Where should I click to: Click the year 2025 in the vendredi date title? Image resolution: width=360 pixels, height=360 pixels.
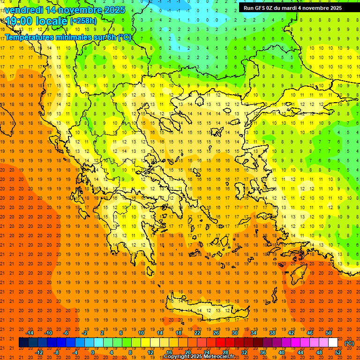(x=114, y=9)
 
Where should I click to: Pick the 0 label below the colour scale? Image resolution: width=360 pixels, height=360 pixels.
(x=92, y=352)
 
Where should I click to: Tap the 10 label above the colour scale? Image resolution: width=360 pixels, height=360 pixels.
(x=141, y=332)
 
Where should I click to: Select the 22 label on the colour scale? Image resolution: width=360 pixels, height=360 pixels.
(x=197, y=332)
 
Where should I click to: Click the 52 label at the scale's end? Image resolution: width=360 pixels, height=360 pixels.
(x=337, y=352)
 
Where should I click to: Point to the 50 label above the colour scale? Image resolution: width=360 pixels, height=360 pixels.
(x=329, y=332)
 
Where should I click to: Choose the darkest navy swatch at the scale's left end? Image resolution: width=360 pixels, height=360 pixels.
(x=23, y=343)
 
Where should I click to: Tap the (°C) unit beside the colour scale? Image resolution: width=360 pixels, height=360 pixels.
(x=349, y=343)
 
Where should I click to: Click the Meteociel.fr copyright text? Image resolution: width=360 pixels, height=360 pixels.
(x=199, y=357)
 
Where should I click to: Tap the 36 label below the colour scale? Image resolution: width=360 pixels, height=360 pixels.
(x=262, y=352)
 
